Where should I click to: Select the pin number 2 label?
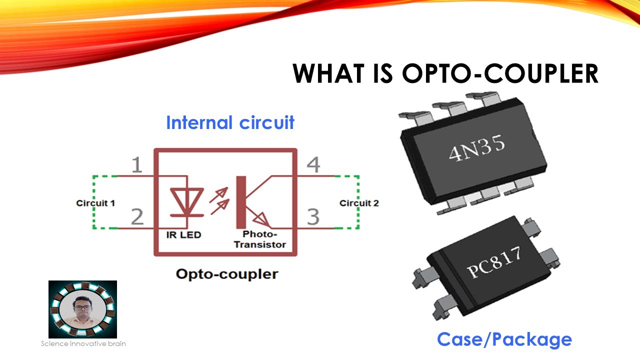[x=136, y=216]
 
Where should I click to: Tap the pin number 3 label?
[x=313, y=216]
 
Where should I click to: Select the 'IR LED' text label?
[x=183, y=234]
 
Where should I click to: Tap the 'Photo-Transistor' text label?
[x=260, y=239]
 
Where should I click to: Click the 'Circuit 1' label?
[x=95, y=203]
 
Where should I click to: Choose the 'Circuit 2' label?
[x=359, y=203]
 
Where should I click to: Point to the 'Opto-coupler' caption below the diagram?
[x=226, y=274]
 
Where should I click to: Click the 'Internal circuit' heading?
[x=230, y=122]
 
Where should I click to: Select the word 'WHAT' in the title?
[x=328, y=73]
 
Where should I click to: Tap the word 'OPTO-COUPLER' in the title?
[x=500, y=73]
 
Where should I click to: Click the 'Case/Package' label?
[x=504, y=339]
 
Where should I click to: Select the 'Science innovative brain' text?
[x=83, y=343]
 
